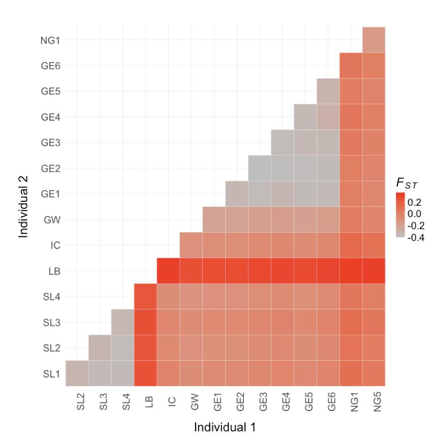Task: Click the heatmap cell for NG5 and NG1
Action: [x=374, y=40]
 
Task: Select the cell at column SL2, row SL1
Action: [x=77, y=373]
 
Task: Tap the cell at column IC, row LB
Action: [x=168, y=270]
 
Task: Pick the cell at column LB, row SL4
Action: [x=145, y=296]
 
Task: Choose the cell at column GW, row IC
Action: [x=191, y=245]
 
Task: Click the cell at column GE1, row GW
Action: [x=214, y=219]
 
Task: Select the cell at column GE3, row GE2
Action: [x=260, y=168]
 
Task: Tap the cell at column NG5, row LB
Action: [x=374, y=270]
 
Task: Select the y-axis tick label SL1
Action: [x=51, y=373]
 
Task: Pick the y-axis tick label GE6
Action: [x=50, y=66]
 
